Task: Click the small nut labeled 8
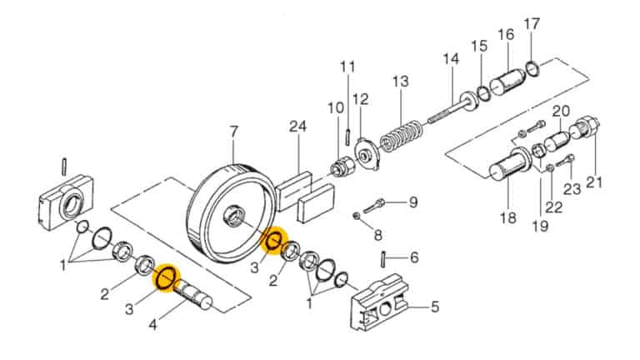click(x=356, y=217)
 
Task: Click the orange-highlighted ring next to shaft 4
click(x=165, y=277)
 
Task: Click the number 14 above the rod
click(x=451, y=59)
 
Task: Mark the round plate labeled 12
click(x=363, y=152)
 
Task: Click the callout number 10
click(x=335, y=107)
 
